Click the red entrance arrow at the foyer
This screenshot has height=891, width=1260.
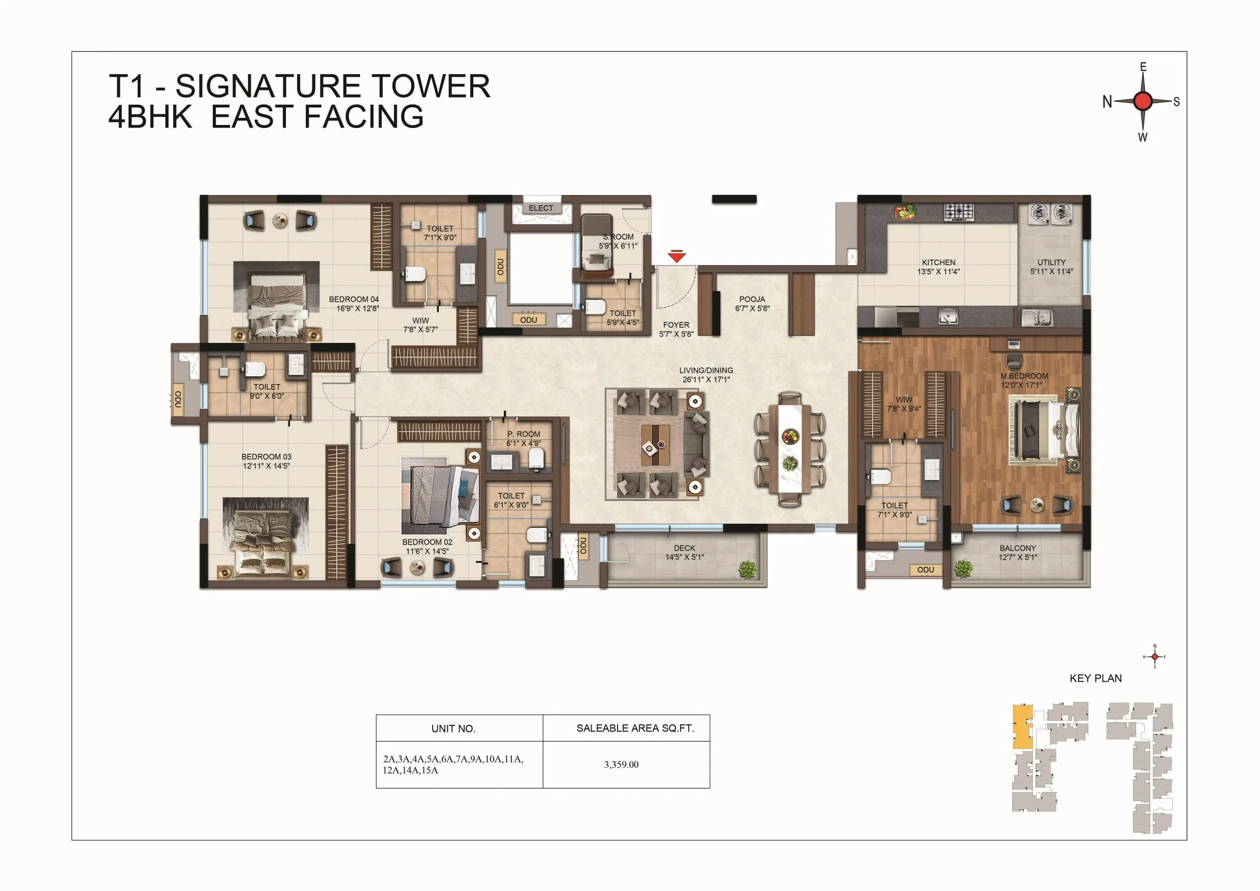click(x=676, y=257)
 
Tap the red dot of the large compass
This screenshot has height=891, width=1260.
click(x=1143, y=102)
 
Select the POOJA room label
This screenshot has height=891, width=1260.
click(x=752, y=299)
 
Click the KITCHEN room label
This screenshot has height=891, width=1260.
click(x=939, y=263)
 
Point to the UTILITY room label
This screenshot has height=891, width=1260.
click(x=1051, y=263)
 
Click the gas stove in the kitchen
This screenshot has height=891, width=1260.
click(x=959, y=211)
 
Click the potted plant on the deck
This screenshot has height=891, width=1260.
click(x=748, y=569)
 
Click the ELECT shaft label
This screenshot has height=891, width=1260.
click(x=541, y=208)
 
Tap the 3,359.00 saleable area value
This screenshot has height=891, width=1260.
click(x=621, y=764)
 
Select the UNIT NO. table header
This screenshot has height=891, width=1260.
click(x=454, y=728)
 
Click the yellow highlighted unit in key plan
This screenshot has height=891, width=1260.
click(x=1021, y=727)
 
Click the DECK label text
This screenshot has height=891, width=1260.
click(x=684, y=548)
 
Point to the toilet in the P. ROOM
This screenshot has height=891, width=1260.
click(x=537, y=458)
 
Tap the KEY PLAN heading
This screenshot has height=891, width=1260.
click(x=1095, y=678)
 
